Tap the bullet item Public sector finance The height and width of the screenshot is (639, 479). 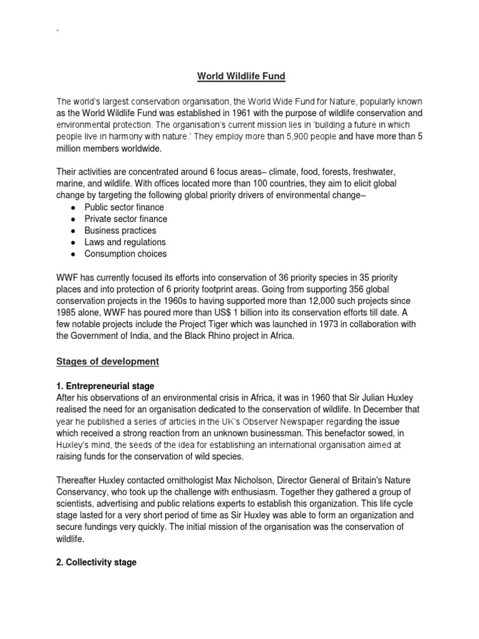(x=124, y=207)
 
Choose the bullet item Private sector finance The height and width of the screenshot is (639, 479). (x=125, y=219)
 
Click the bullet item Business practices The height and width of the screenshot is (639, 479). (x=120, y=230)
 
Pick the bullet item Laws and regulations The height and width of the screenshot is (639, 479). (x=125, y=242)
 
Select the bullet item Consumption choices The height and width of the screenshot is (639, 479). (x=125, y=254)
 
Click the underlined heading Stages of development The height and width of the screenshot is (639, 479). (x=108, y=361)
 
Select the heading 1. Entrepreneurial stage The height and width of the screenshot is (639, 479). (x=105, y=387)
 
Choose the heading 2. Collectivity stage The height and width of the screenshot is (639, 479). (x=96, y=562)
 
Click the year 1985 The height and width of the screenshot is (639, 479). (x=67, y=313)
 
